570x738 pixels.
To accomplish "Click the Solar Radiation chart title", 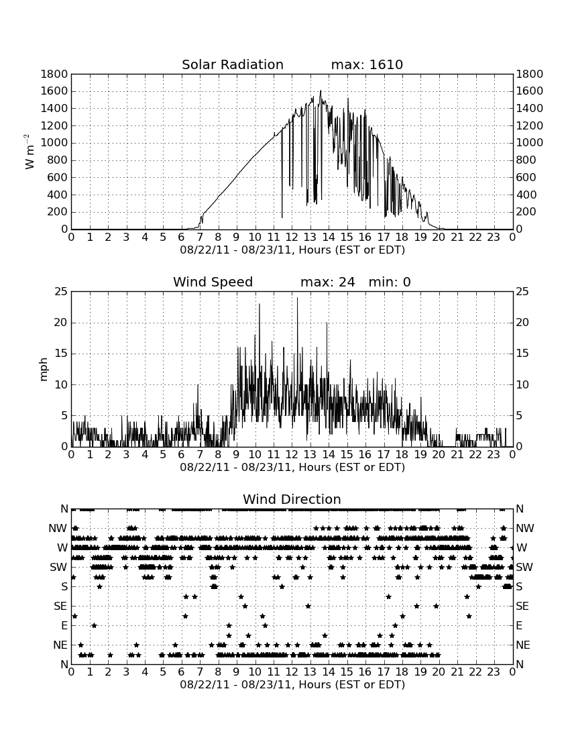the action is tap(233, 64).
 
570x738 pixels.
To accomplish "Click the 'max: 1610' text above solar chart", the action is tap(367, 64).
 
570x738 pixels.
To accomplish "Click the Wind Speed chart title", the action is tap(213, 282).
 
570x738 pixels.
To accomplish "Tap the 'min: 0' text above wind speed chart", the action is tap(390, 282).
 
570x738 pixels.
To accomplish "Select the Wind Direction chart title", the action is tap(292, 499).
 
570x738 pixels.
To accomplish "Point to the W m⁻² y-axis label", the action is tap(29, 152).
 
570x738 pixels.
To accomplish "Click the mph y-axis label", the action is tap(44, 369).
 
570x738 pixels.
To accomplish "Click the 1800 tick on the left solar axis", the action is tap(54, 74).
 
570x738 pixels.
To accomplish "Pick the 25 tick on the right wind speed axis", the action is tap(522, 292).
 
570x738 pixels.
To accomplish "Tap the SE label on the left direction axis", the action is tap(60, 607).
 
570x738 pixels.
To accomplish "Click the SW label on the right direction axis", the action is tap(524, 567).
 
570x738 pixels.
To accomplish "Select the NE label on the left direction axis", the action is tap(60, 645).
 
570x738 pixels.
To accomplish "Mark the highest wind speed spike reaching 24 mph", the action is tap(297, 298).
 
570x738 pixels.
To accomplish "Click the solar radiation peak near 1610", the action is tap(321, 91).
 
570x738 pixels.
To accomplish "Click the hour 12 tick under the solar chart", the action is tap(292, 237).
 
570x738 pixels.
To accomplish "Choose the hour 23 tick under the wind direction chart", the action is tap(494, 672).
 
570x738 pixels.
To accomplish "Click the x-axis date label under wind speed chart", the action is tap(292, 468).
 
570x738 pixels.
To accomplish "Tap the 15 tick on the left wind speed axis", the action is tap(61, 354).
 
